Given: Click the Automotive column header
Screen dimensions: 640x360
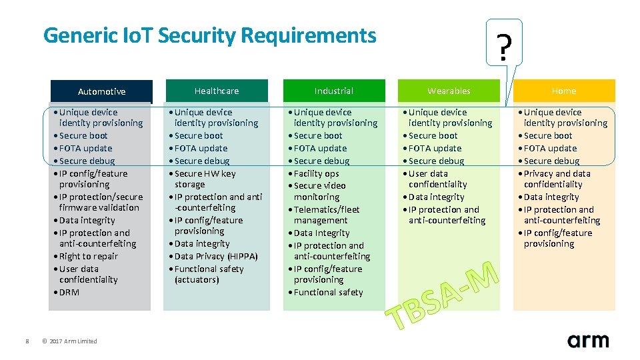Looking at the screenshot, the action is tap(101, 91).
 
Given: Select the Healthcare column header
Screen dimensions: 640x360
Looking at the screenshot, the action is tap(217, 91).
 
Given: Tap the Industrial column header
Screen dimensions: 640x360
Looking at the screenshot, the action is tap(334, 91).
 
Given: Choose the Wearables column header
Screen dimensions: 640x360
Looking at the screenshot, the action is tap(449, 91).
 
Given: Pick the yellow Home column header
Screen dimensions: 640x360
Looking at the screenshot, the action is tap(563, 91).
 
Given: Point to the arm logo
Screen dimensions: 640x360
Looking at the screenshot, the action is tap(588, 340).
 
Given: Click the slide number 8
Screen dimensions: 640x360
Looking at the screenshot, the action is tap(27, 341).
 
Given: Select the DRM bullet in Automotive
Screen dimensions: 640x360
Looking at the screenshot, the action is tap(69, 292).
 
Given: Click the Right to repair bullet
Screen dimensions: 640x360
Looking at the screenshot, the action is tap(88, 256).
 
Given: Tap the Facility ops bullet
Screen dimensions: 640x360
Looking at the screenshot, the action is tap(317, 173).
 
